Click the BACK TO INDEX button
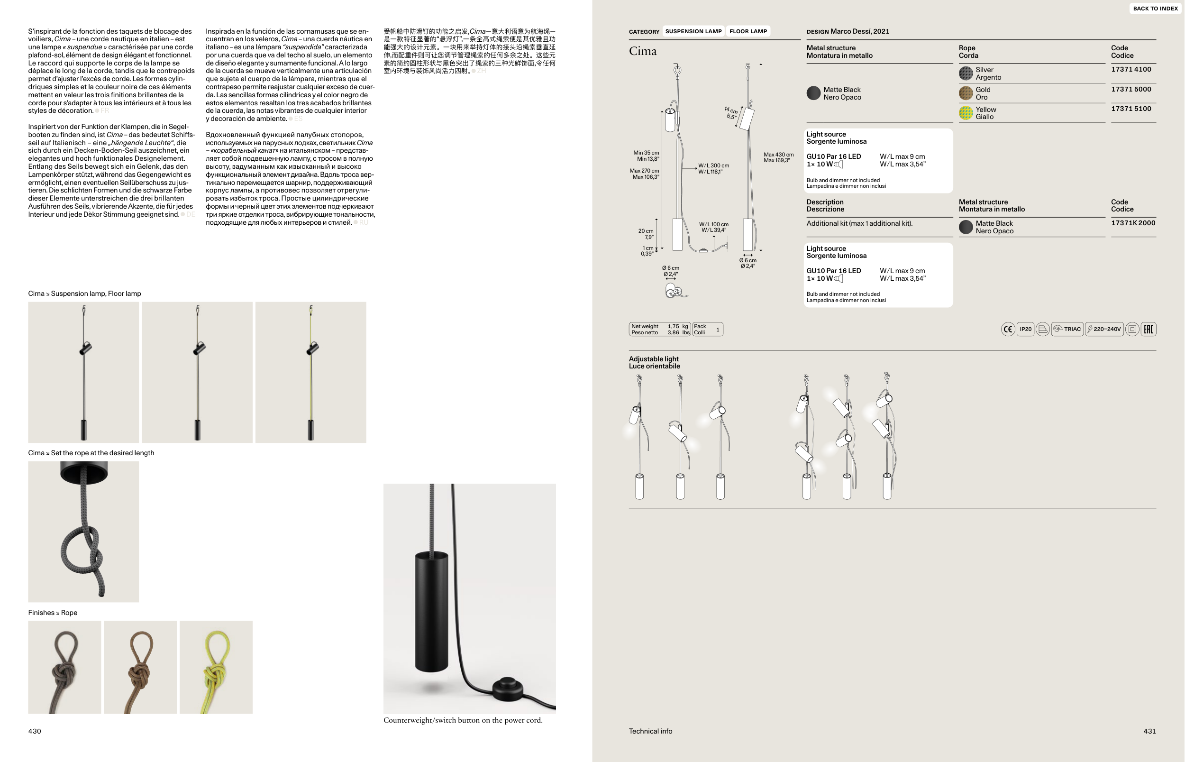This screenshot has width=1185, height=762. (x=1155, y=9)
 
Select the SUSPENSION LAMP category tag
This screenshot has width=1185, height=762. (x=693, y=31)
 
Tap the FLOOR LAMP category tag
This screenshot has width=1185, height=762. (x=748, y=31)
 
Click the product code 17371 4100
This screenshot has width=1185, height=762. (x=1131, y=69)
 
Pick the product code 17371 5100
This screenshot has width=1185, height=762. (x=1131, y=109)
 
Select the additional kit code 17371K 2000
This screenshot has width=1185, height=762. (x=1133, y=223)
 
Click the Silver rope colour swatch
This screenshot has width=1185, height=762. (x=966, y=73)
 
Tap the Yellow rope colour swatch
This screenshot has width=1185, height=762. (x=966, y=113)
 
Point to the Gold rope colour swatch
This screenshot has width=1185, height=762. (x=966, y=93)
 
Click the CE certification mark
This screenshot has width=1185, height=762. (x=1008, y=329)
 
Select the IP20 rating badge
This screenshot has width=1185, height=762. (x=1026, y=329)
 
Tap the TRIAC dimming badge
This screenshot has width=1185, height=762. (x=1067, y=329)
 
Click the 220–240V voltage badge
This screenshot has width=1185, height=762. (x=1104, y=329)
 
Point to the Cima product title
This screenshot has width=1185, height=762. (x=643, y=51)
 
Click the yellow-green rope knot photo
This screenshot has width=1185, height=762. (x=216, y=667)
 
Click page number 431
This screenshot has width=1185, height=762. (x=1149, y=731)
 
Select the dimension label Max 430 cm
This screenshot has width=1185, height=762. (x=778, y=155)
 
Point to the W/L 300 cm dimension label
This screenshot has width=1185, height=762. (x=714, y=166)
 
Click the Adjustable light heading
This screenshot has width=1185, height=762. (x=654, y=359)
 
